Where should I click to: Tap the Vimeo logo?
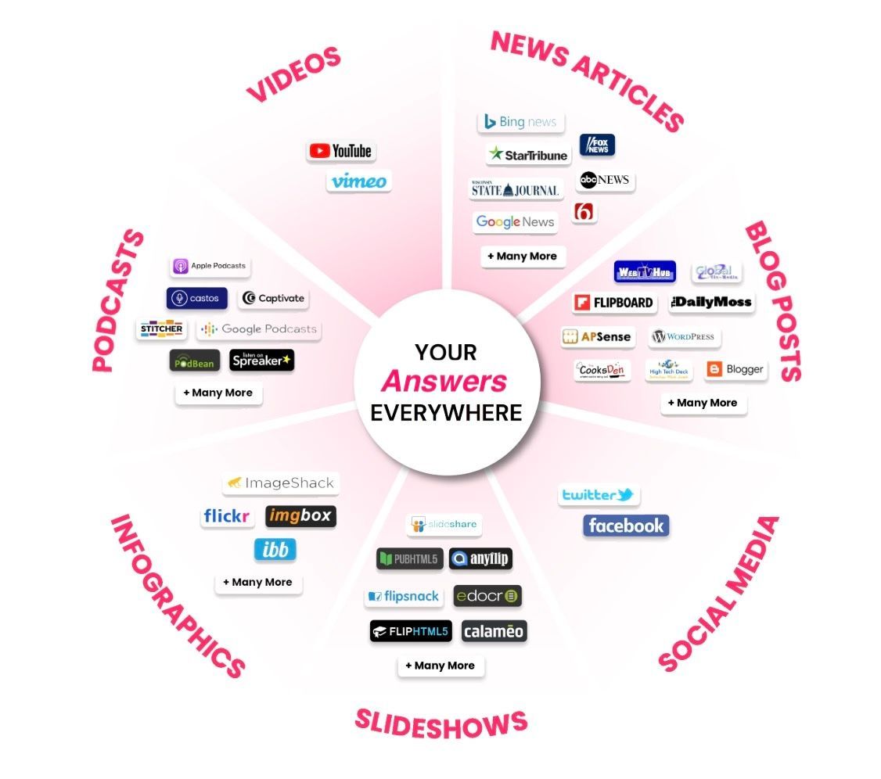click(x=358, y=181)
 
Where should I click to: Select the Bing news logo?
click(x=520, y=122)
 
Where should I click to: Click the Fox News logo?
click(x=597, y=145)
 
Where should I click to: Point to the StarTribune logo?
click(x=528, y=155)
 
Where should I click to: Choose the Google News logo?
click(x=515, y=222)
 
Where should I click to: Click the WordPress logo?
click(x=684, y=337)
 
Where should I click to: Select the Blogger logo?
click(x=735, y=369)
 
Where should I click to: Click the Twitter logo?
click(x=599, y=495)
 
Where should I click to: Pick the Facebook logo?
click(x=626, y=526)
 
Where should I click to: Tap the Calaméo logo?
click(x=494, y=631)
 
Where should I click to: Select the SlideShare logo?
click(x=444, y=524)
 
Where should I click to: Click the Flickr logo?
click(x=227, y=516)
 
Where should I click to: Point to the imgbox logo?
click(x=300, y=516)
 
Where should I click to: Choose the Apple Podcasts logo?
click(x=210, y=267)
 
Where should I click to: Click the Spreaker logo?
click(x=261, y=360)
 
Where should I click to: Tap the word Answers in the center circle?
click(x=444, y=382)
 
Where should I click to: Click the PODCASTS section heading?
click(x=117, y=300)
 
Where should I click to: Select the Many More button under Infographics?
click(x=257, y=583)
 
